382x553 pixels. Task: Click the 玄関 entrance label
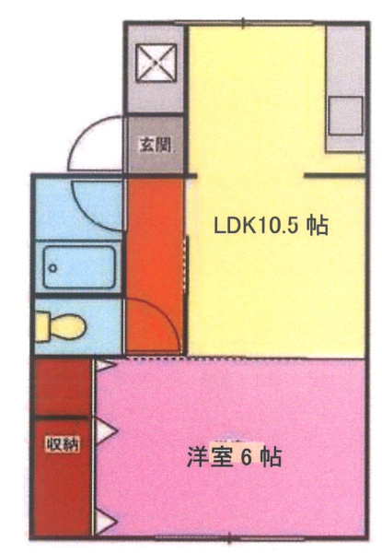pyautogui.click(x=156, y=145)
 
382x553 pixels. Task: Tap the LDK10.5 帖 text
pyautogui.click(x=272, y=226)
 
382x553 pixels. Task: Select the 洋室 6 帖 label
pyautogui.click(x=234, y=457)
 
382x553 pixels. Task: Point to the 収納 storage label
pyautogui.click(x=63, y=444)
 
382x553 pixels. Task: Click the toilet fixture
pyautogui.click(x=61, y=327)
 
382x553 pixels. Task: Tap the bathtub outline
pyautogui.click(x=79, y=267)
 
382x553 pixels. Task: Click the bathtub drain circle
pyautogui.click(x=52, y=268)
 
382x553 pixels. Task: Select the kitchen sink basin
pyautogui.click(x=345, y=116)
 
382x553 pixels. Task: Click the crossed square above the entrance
pyautogui.click(x=156, y=63)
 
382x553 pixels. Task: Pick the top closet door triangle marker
pyautogui.click(x=104, y=366)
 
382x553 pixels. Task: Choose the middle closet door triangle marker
pyautogui.click(x=107, y=430)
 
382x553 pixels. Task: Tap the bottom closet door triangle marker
pyautogui.click(x=106, y=522)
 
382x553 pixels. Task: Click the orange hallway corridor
pyautogui.click(x=156, y=265)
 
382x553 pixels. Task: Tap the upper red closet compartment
pyautogui.click(x=63, y=387)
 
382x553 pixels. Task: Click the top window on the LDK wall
pyautogui.click(x=243, y=23)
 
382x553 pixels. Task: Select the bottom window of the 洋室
pyautogui.click(x=229, y=538)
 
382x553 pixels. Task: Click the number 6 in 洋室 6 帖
pyautogui.click(x=246, y=457)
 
